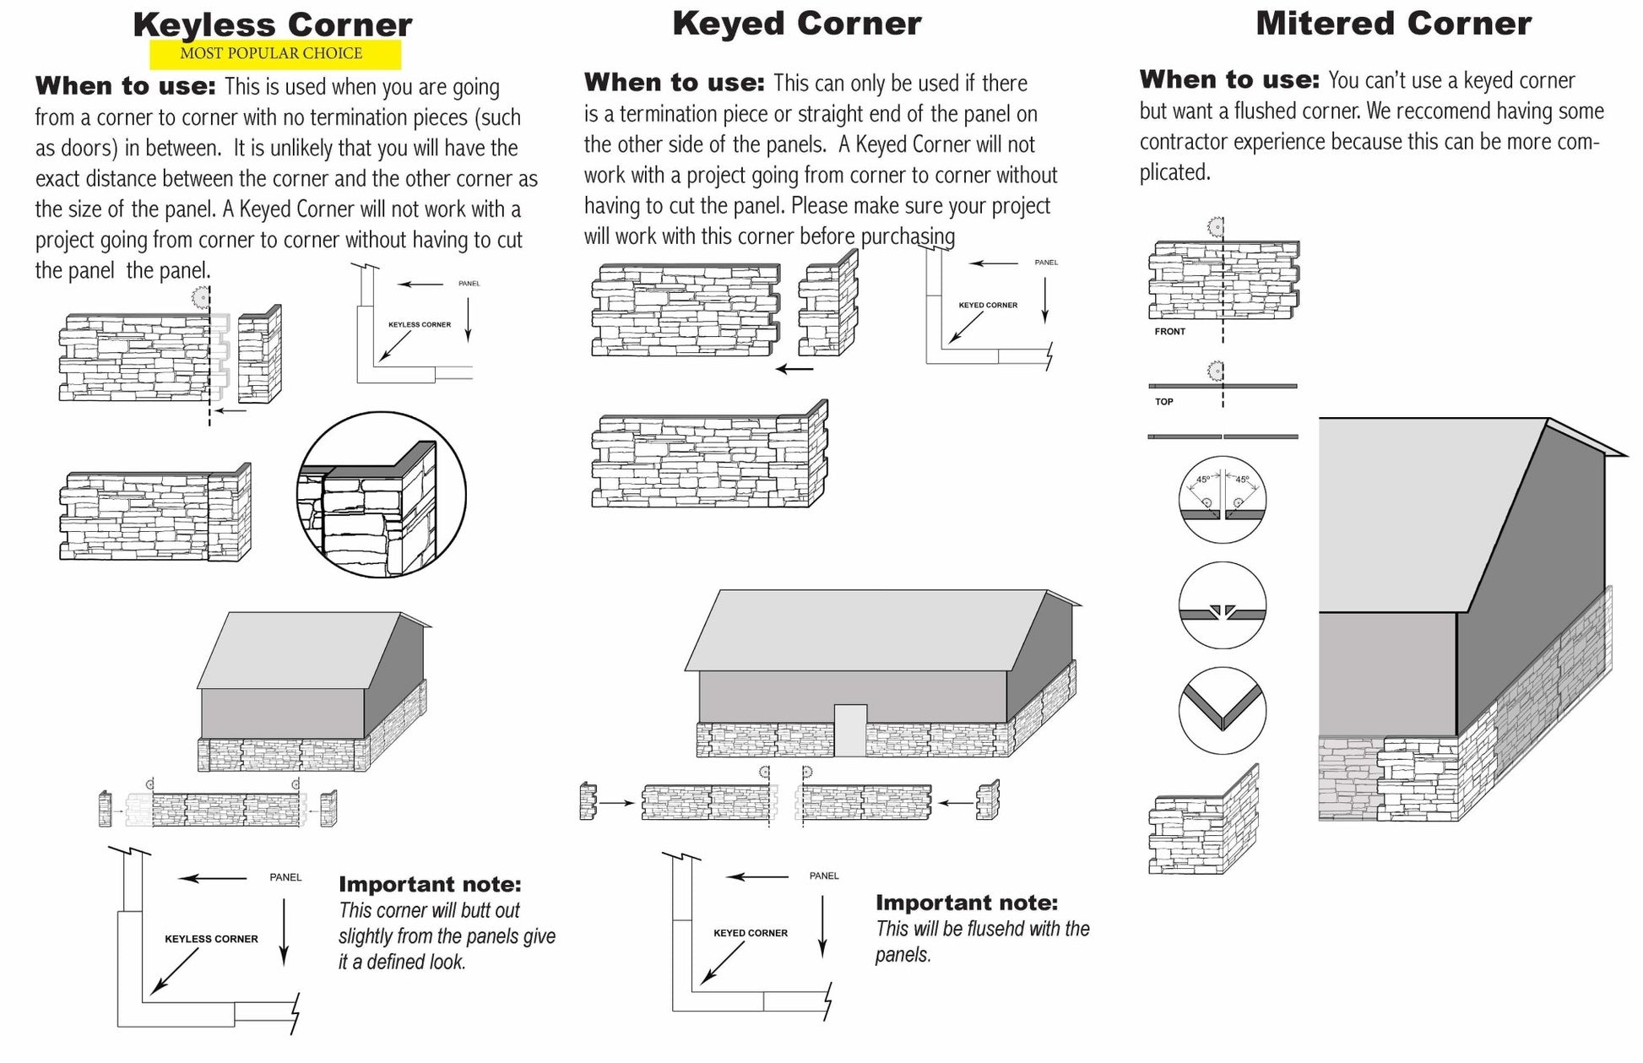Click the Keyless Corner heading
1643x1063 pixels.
272,24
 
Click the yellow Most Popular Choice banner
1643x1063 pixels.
274,54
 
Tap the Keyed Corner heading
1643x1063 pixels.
796,24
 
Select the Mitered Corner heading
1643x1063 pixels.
1393,23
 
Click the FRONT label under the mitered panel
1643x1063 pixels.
1169,332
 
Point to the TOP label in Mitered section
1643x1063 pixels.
1163,402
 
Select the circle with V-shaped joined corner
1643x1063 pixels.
1222,711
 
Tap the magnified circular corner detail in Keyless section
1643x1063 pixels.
381,495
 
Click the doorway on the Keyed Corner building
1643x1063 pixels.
850,729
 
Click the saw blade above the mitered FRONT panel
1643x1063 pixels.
1216,226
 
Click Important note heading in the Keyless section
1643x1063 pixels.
430,885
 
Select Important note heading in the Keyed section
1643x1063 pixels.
966,903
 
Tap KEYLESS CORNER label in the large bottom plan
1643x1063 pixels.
211,939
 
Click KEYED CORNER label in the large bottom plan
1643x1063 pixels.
750,933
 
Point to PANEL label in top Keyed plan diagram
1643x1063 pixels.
1045,263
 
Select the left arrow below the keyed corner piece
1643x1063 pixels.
794,369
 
